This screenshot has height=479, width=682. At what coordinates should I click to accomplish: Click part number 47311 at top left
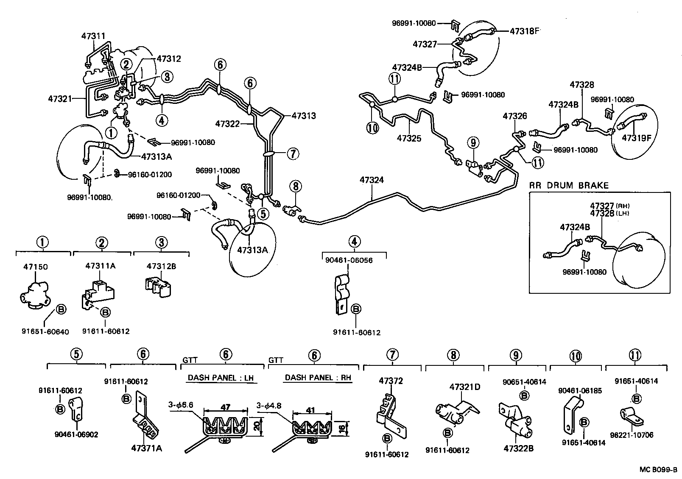coord(93,36)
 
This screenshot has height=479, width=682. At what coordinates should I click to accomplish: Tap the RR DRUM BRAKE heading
coord(568,185)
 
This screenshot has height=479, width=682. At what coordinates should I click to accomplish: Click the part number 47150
coord(35,267)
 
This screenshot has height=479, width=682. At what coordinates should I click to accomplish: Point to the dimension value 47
coord(226,407)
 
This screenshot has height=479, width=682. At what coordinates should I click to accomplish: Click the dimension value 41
coord(310,410)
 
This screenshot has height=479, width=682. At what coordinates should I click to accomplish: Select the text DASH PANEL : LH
coord(222,378)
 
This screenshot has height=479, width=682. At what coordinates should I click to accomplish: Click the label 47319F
coord(636,137)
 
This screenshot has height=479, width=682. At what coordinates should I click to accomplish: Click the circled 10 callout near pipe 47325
coord(373,128)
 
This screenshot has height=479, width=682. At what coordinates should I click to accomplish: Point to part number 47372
coord(391,381)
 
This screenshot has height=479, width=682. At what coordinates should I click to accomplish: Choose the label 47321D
coord(464,387)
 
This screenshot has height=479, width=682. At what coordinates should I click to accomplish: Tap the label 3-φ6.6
coord(180,405)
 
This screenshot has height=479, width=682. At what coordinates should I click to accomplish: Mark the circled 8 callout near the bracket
coord(296,186)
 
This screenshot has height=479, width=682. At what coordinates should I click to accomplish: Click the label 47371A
coord(147,448)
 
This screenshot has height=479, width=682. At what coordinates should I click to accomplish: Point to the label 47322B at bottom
coord(518,448)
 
